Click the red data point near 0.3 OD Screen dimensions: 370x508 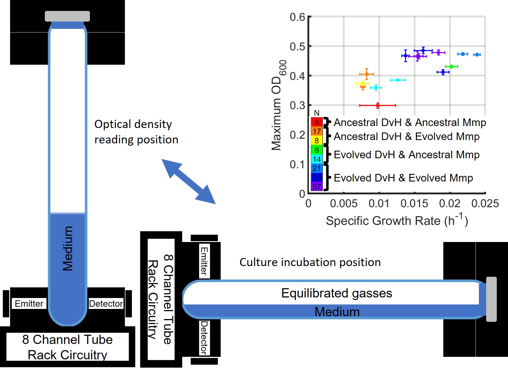pyautogui.click(x=378, y=106)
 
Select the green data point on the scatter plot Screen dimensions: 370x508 pyautogui.click(x=451, y=66)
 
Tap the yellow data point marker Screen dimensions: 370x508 pyautogui.click(x=363, y=83)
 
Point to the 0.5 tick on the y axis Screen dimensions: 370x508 pyautogui.click(x=297, y=46)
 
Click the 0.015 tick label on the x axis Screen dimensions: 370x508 pyautogui.click(x=414, y=203)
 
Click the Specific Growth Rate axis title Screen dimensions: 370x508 pyautogui.click(x=397, y=220)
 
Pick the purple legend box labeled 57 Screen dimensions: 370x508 pyautogui.click(x=316, y=187)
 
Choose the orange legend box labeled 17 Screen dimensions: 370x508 pyautogui.click(x=316, y=131)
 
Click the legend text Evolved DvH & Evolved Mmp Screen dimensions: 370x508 pyautogui.click(x=403, y=178)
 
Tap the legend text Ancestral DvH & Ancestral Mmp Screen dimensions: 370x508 pyautogui.click(x=410, y=122)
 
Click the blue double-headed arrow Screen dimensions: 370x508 pyautogui.click(x=188, y=181)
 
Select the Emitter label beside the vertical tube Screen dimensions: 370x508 pyautogui.click(x=29, y=303)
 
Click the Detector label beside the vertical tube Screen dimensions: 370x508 pyautogui.click(x=106, y=303)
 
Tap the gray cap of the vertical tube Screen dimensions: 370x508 pyautogui.click(x=67, y=16)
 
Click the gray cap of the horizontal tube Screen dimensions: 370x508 pyautogui.click(x=491, y=299)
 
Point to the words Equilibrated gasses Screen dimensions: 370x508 pyautogui.click(x=337, y=293)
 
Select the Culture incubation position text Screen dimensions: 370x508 pyautogui.click(x=310, y=262)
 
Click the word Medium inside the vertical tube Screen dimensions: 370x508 pyautogui.click(x=67, y=248)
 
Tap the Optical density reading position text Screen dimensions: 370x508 pyautogui.click(x=136, y=132)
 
